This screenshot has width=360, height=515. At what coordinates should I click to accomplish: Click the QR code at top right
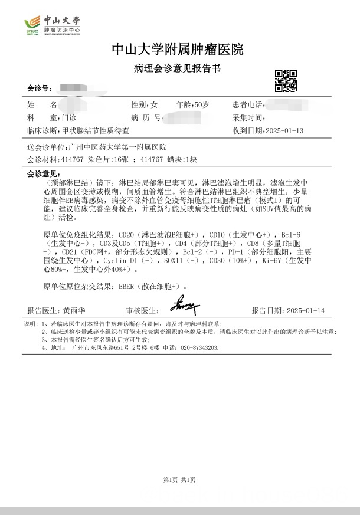(x=286, y=81)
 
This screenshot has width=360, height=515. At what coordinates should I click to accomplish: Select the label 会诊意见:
(x=44, y=174)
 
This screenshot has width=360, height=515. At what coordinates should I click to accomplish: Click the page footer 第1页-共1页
(x=179, y=480)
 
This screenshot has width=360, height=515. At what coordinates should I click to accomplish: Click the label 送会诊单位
(x=46, y=147)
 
